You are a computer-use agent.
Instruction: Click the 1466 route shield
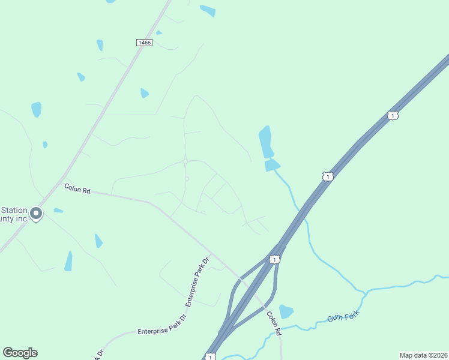pos(144,42)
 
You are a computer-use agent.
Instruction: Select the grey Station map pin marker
pos(36,214)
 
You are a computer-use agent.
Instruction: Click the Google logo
pos(20,352)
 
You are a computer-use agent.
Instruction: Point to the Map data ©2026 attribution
pos(423,355)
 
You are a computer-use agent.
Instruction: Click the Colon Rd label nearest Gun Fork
pos(274,323)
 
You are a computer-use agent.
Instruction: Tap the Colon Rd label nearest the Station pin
pos(77,188)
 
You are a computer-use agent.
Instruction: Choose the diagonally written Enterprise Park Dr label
pos(197,282)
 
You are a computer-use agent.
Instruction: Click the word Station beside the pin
pos(14,210)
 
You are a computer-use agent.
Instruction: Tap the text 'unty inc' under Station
pos(14,219)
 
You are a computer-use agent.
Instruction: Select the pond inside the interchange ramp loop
pos(286,311)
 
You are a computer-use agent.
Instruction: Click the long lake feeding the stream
pos(265,142)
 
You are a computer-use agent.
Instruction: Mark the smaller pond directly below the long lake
pos(272,165)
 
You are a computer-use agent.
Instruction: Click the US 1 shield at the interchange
pos(274,259)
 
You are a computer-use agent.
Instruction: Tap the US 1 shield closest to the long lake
pos(327,176)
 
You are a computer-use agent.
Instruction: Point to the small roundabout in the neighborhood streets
pos(187,161)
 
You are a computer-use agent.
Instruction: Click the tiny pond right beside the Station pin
pos(58,210)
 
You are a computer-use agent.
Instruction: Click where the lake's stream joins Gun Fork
pos(364,293)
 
